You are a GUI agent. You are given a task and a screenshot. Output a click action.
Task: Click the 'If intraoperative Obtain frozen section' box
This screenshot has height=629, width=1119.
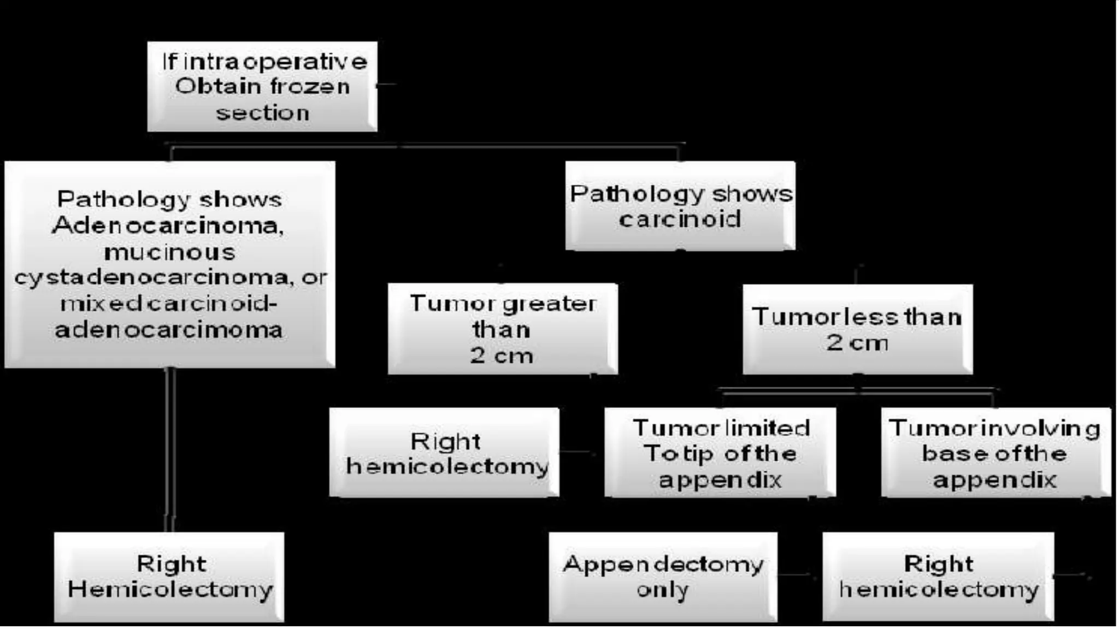point(262,86)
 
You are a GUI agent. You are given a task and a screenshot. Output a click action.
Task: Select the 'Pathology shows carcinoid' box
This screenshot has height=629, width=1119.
point(680,206)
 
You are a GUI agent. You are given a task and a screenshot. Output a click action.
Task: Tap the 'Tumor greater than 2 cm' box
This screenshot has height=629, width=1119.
point(503,329)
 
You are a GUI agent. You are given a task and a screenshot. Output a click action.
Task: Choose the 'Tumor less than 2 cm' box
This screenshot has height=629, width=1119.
point(857,329)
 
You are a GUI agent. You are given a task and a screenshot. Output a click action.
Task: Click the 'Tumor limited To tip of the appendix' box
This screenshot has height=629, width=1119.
point(720,453)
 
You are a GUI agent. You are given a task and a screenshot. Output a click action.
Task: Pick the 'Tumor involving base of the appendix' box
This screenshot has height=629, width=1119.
point(996,453)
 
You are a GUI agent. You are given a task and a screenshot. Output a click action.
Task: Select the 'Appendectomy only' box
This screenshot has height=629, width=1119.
point(663,577)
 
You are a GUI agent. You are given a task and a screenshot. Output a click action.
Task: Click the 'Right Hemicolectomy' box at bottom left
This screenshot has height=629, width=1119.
point(169,577)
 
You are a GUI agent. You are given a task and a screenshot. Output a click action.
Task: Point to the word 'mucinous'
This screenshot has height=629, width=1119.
point(170,252)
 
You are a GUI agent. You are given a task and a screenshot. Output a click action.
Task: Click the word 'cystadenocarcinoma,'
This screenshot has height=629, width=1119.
point(151,278)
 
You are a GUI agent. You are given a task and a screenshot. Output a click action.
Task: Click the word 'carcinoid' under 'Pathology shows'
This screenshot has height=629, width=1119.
point(680,219)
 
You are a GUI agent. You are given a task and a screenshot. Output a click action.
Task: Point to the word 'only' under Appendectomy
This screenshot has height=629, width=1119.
point(662,590)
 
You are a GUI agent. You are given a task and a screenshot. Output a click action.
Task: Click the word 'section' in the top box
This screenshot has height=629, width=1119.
point(263,113)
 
